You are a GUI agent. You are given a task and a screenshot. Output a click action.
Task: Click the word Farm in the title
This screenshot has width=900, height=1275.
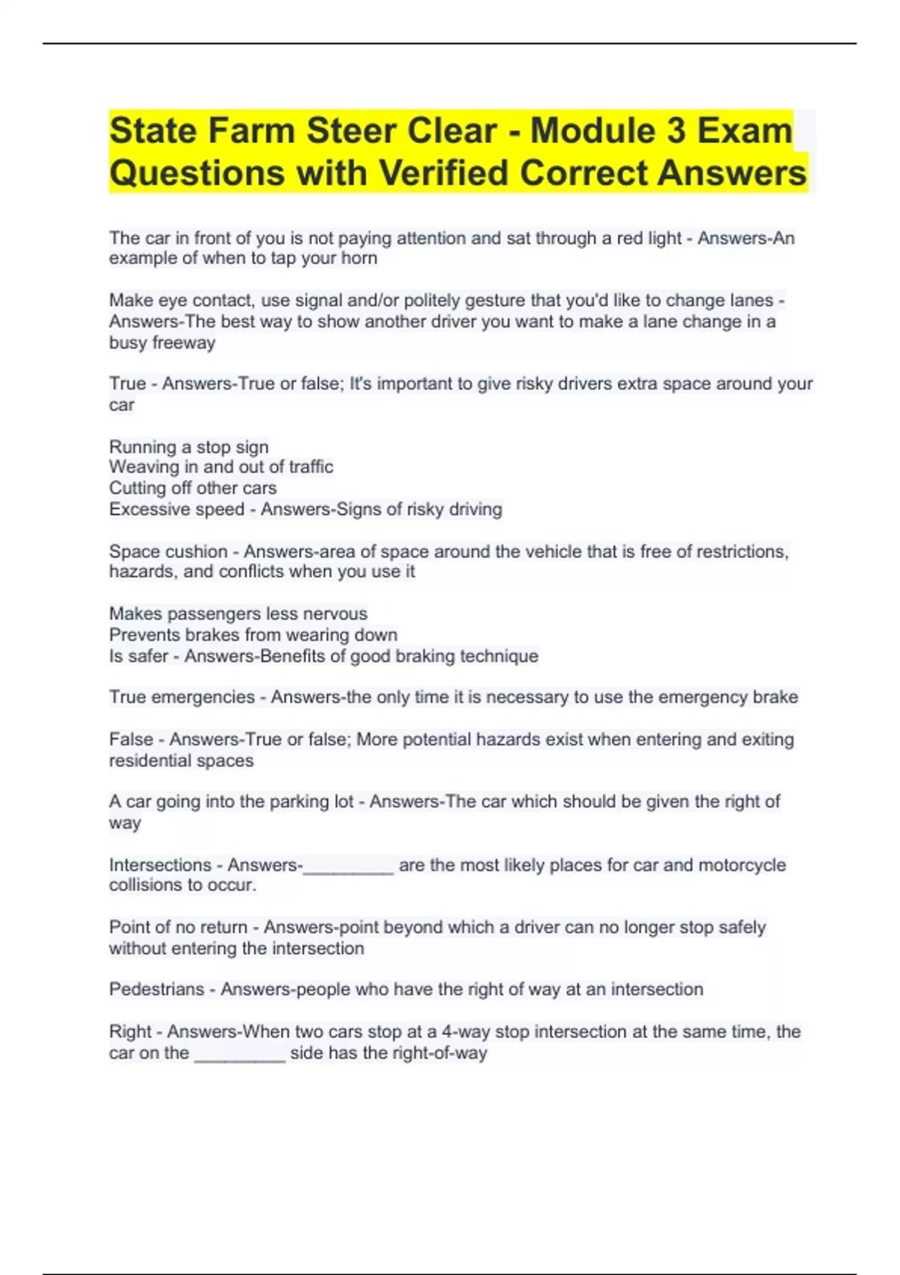coord(250,130)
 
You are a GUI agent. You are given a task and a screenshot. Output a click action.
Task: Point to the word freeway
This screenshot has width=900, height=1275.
coord(184,343)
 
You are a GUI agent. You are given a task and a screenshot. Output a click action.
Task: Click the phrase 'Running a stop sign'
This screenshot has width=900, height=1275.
coord(189,447)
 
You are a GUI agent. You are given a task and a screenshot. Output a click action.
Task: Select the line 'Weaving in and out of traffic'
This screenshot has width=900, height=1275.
coord(221,466)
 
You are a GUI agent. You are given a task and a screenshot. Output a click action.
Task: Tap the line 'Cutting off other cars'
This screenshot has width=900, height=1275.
coord(193,487)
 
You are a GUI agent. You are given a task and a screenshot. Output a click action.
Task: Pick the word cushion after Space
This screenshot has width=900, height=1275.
coord(197,551)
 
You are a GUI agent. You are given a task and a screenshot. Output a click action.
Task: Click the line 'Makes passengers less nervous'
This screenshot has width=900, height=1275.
coord(238,613)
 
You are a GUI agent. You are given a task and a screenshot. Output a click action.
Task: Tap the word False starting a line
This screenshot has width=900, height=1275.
coord(131,739)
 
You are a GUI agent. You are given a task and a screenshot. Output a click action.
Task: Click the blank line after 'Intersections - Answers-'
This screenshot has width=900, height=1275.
coord(348,870)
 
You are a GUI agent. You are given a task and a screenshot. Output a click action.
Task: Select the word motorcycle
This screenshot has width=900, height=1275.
coord(742,865)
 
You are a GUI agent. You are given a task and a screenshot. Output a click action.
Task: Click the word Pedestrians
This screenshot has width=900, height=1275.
coord(157,989)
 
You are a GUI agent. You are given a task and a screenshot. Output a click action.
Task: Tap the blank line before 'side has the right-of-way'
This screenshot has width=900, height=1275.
coord(240,1058)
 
